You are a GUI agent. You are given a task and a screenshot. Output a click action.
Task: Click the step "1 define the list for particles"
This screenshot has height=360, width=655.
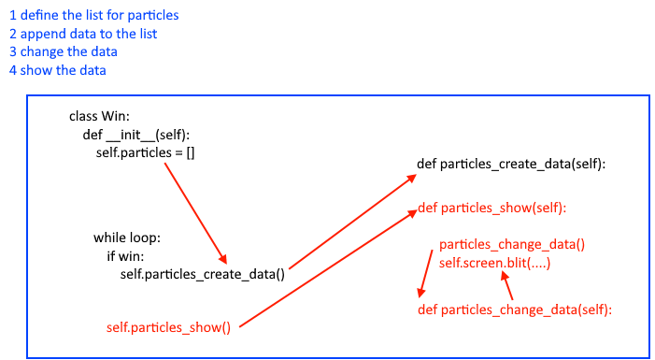(93, 15)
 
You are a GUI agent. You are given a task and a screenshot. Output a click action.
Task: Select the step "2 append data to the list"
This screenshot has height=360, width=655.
(82, 34)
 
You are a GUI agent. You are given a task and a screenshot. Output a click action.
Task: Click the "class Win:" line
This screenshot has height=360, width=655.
(100, 117)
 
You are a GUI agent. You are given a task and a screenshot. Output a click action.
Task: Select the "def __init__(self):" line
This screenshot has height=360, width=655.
(136, 135)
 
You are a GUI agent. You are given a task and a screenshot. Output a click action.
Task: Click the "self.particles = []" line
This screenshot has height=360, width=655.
(146, 152)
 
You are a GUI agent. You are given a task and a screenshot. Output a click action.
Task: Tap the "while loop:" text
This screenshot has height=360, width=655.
(127, 237)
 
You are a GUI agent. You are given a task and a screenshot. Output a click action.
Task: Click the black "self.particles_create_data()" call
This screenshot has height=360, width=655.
(202, 273)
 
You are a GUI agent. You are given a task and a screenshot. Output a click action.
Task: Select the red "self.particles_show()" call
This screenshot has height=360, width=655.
(168, 326)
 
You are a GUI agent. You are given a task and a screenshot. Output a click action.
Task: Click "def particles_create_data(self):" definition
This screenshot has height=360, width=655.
(511, 165)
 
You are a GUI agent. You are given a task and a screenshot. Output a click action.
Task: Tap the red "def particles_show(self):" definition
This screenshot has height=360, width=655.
(492, 207)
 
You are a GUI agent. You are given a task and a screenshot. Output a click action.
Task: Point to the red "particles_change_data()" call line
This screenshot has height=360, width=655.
(512, 245)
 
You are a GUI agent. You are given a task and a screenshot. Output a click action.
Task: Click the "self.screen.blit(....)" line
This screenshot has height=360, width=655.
(494, 264)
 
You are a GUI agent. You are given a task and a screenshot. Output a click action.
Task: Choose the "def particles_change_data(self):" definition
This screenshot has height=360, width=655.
(514, 309)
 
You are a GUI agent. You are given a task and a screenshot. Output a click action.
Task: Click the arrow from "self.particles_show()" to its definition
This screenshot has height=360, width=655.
(327, 268)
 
